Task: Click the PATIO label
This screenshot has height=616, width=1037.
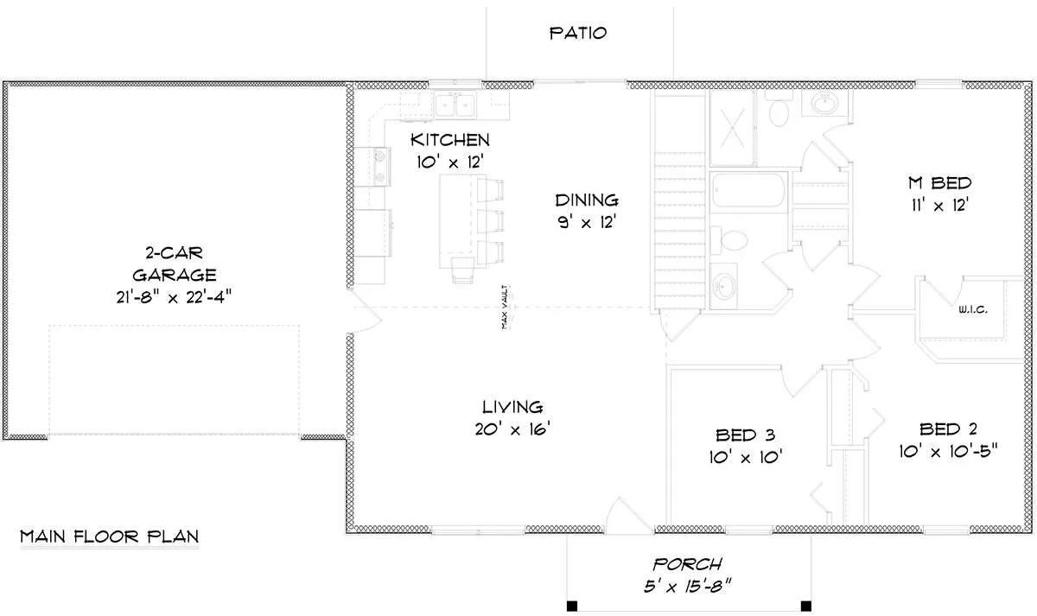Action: tap(578, 33)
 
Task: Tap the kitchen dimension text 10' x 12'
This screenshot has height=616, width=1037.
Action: tap(450, 162)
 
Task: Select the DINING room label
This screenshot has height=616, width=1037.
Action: tap(587, 200)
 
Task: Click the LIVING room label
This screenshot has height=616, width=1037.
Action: tap(512, 407)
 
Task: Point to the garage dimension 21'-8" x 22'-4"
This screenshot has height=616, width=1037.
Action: tap(174, 297)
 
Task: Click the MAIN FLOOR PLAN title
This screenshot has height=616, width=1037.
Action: tap(109, 537)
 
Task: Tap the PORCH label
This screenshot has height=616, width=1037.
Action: tap(688, 565)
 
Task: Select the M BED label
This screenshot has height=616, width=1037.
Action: tap(940, 183)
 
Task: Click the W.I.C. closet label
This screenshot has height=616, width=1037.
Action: tap(973, 309)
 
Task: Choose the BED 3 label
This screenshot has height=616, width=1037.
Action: tap(745, 435)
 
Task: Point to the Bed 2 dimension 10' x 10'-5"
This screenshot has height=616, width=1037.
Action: tap(948, 451)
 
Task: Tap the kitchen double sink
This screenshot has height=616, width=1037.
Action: tap(455, 105)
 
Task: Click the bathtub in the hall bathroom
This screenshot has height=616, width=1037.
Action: tap(748, 190)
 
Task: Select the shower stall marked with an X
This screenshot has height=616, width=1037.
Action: tap(732, 127)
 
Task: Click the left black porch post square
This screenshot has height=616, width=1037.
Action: tap(572, 606)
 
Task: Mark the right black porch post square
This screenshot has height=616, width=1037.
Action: tap(806, 606)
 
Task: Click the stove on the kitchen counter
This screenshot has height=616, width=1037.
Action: tap(380, 166)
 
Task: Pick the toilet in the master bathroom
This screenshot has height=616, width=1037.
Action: tap(778, 109)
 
